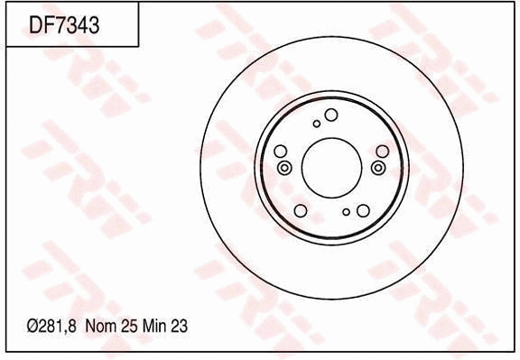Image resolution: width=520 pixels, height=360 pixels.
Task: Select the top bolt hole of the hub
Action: [x=331, y=115]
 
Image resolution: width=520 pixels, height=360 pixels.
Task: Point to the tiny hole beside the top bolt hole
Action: [x=316, y=124]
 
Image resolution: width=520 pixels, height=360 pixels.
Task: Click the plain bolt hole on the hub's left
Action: [x=280, y=151]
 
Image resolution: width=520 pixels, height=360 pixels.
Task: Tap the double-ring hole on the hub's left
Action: [x=285, y=169]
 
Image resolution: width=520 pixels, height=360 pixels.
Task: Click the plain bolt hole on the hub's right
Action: [x=381, y=152]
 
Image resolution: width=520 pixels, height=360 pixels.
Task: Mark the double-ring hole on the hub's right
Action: [x=376, y=168]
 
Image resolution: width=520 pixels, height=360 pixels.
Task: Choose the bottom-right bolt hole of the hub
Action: [x=363, y=210]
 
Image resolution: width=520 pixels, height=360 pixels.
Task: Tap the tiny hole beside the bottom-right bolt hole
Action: [x=346, y=212]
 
